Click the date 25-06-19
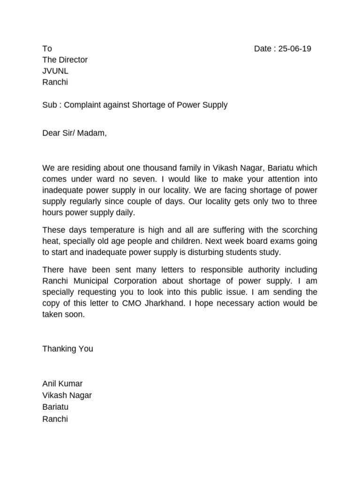[295, 49]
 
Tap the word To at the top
[47, 49]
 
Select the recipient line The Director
[65, 60]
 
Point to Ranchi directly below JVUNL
[55, 82]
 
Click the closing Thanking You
[67, 349]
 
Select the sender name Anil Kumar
[62, 384]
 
